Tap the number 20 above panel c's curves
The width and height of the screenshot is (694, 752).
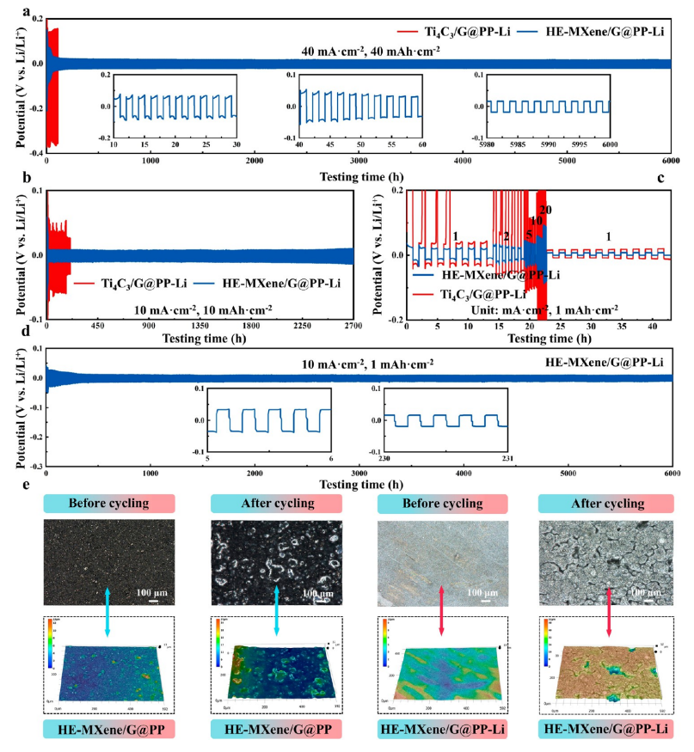[x=544, y=210]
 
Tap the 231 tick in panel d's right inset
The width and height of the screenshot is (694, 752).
[x=507, y=458]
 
